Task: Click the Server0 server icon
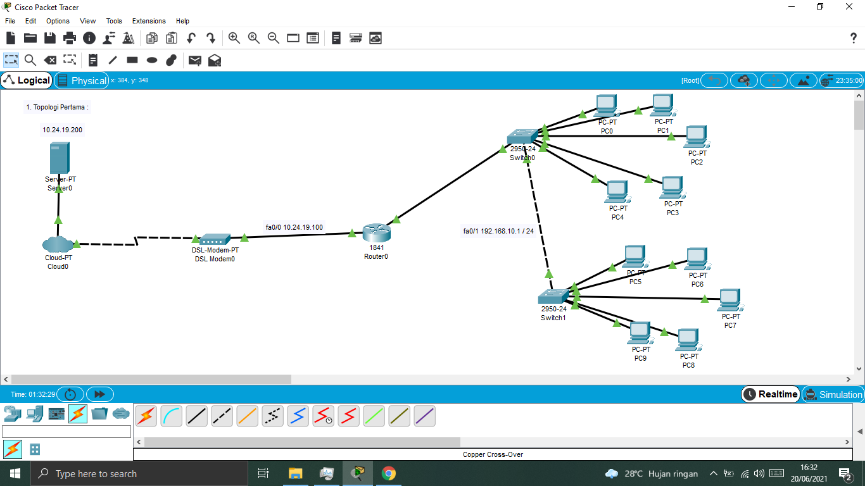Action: tap(59, 158)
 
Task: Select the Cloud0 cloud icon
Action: tap(57, 244)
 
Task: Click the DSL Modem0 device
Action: tap(215, 239)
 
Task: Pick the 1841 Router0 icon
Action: tap(376, 233)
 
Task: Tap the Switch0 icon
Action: tap(522, 137)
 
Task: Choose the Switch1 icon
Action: tap(553, 296)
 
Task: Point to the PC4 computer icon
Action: tap(617, 192)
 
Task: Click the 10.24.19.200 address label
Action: tap(62, 130)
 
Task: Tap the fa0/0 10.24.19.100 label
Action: tap(294, 227)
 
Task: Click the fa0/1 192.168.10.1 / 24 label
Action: tap(498, 231)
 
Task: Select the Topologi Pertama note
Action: tap(57, 107)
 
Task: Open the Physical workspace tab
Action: tap(82, 80)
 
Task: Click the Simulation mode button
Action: tap(833, 394)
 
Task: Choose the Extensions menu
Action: tap(149, 21)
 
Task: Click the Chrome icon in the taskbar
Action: tap(388, 473)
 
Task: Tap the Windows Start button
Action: tap(15, 473)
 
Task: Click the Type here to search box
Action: tap(139, 473)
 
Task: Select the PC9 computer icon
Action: tap(640, 333)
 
